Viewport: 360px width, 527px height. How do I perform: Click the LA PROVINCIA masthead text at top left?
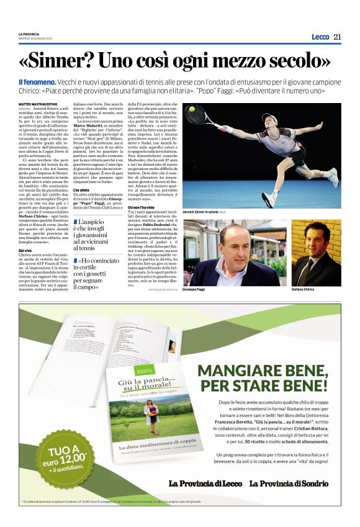pos(29,34)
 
